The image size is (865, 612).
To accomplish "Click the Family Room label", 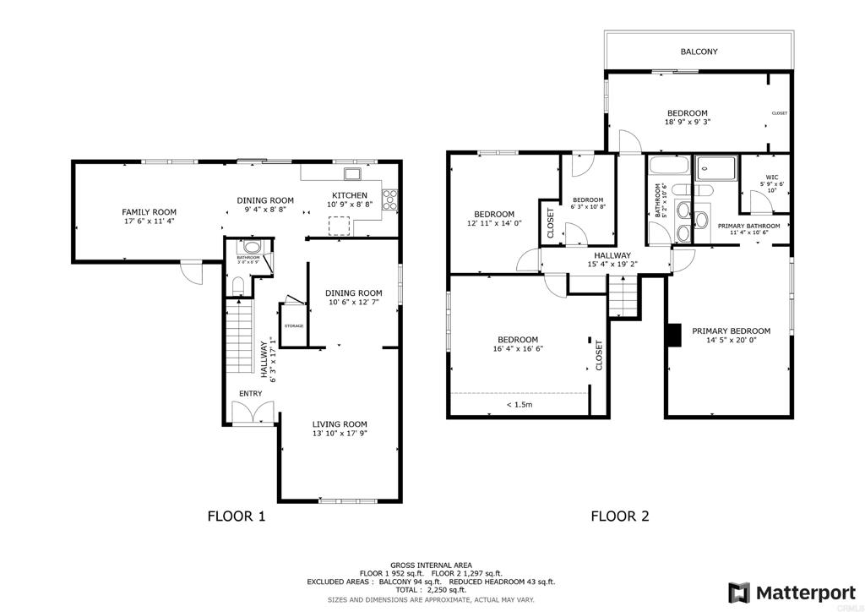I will (149, 212).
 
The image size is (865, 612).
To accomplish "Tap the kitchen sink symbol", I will (352, 175).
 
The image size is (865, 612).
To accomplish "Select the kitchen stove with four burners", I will (389, 200).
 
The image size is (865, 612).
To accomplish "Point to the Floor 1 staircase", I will (241, 338).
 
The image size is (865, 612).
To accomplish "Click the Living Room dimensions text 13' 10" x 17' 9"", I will (340, 434).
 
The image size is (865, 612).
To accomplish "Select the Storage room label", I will (293, 325).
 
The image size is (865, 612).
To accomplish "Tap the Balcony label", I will (699, 52).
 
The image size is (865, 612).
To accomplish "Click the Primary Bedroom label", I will (731, 331).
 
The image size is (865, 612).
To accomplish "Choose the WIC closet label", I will (772, 178).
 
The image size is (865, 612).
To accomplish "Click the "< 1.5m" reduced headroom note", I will (519, 405).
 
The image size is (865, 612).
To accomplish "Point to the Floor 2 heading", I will (619, 516).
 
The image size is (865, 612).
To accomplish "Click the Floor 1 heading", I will (237, 516).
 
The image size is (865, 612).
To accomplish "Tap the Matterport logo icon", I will (739, 592).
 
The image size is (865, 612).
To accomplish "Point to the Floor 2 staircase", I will (622, 298).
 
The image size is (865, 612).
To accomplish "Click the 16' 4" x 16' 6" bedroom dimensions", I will (518, 348).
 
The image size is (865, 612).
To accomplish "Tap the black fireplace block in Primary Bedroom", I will (673, 335).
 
